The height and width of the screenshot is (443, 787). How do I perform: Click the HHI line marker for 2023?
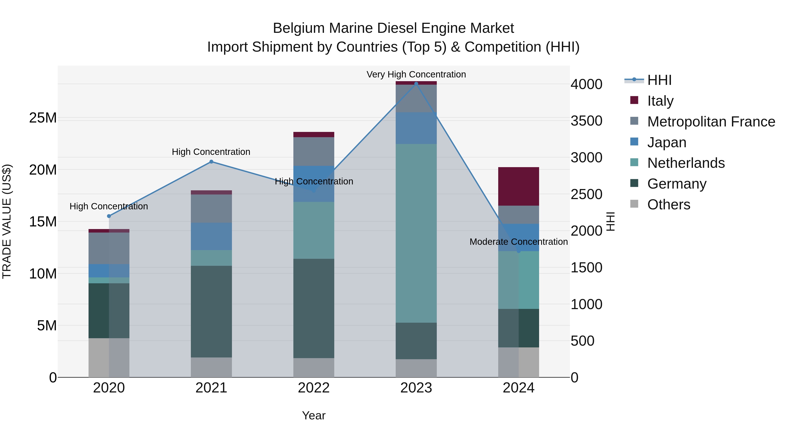pyautogui.click(x=416, y=84)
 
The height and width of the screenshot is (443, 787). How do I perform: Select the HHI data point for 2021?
pyautogui.click(x=211, y=162)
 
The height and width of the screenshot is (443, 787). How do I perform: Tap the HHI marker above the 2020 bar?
pyautogui.click(x=109, y=216)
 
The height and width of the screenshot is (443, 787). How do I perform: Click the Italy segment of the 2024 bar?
pyautogui.click(x=519, y=186)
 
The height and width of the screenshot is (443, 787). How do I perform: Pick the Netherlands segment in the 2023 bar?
pyautogui.click(x=416, y=233)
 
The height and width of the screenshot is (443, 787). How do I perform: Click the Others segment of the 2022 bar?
pyautogui.click(x=314, y=368)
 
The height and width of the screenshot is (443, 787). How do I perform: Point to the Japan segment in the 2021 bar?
pyautogui.click(x=211, y=236)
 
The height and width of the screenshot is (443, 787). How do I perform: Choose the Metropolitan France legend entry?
pyautogui.click(x=711, y=122)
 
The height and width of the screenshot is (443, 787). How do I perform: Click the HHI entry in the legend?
pyautogui.click(x=659, y=80)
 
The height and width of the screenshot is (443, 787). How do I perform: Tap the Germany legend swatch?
pyautogui.click(x=634, y=184)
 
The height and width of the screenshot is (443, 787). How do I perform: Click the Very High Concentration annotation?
pyautogui.click(x=416, y=74)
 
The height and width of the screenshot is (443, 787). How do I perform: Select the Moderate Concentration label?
pyautogui.click(x=519, y=242)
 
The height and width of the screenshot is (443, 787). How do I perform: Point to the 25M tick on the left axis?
pyautogui.click(x=43, y=118)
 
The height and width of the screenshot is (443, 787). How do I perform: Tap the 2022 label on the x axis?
pyautogui.click(x=314, y=388)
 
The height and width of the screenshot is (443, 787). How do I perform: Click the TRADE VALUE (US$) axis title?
pyautogui.click(x=7, y=221)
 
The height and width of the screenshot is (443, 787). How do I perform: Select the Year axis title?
pyautogui.click(x=314, y=415)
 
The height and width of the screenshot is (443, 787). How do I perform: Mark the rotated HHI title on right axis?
pyautogui.click(x=610, y=221)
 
